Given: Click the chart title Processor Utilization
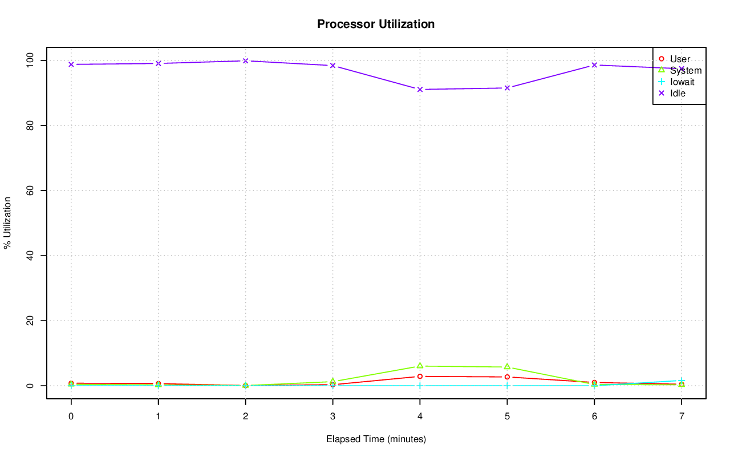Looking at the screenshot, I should pos(376,24).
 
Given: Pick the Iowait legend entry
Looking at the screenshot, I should pos(682,82).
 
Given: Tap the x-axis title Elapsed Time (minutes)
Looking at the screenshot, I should pos(376,439).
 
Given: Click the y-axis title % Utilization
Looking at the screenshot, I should pos(8,223).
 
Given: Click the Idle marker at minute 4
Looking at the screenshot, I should pos(420,90).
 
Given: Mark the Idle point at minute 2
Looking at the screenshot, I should pos(245,60).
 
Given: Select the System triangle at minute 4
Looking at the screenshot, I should pos(420,366).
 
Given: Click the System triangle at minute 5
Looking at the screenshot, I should pos(507,367).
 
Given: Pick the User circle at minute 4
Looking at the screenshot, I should pos(420,377).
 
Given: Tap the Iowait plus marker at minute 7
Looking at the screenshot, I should pos(682,381).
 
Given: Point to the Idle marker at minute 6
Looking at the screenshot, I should pos(594,65).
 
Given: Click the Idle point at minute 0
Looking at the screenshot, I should pos(71,64).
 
